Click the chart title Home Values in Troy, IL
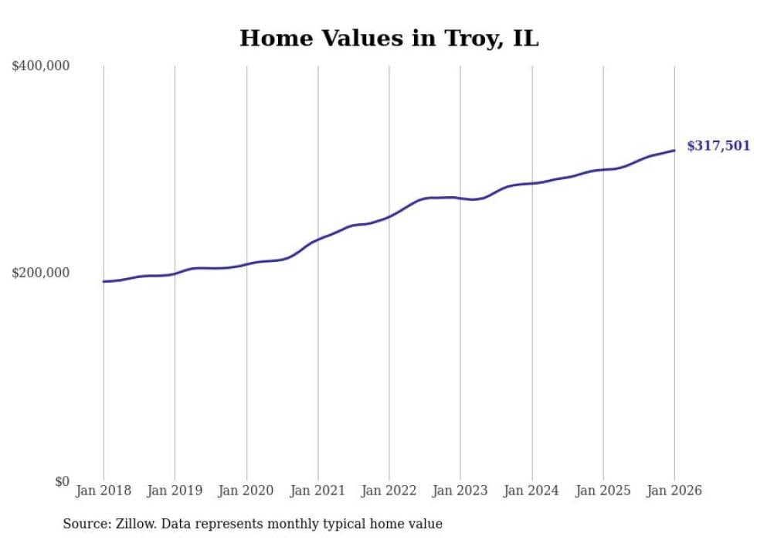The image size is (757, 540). coord(389,38)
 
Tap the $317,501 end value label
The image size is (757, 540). coord(718,145)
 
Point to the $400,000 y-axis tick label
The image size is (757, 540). coord(41,66)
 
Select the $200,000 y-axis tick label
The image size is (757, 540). coord(41,273)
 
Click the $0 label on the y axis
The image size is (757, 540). coord(62,481)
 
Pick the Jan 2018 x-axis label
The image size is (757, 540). coord(104,491)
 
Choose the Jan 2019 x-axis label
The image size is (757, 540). coord(175,491)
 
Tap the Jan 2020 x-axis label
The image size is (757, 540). coord(246,491)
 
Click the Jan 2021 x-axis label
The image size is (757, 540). coord(317,491)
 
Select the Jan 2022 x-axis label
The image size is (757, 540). coord(389,491)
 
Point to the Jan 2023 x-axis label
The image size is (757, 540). coord(460,491)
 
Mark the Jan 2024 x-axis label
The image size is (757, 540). coord(531,491)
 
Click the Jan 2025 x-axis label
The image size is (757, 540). coord(603,491)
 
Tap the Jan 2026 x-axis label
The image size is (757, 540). coord(674,491)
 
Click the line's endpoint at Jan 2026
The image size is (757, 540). coord(674,151)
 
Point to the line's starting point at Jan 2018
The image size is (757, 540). coord(104,281)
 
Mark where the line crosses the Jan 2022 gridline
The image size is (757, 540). coord(389,216)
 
